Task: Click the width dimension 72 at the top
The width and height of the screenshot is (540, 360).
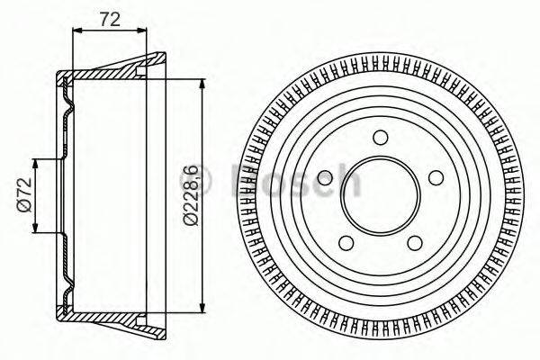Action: (x=108, y=17)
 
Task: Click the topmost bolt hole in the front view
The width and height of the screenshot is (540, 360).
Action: (x=381, y=137)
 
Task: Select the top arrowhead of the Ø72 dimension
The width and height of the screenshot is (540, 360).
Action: (x=36, y=163)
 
